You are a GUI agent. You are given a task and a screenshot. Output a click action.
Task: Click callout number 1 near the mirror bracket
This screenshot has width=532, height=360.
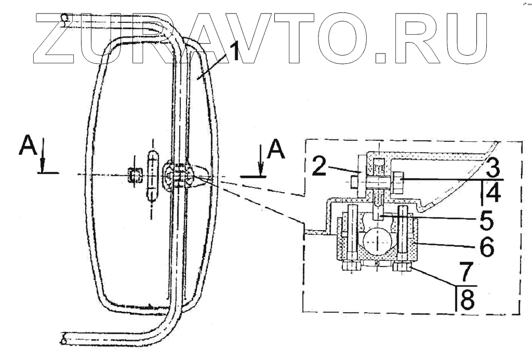tap(233, 52)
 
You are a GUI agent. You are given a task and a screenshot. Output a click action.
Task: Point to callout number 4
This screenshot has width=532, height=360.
tap(494, 194)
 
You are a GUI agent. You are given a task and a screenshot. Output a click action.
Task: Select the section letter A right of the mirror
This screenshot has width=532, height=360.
tap(275, 150)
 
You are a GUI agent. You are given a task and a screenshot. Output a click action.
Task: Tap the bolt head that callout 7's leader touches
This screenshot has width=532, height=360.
tap(403, 268)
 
